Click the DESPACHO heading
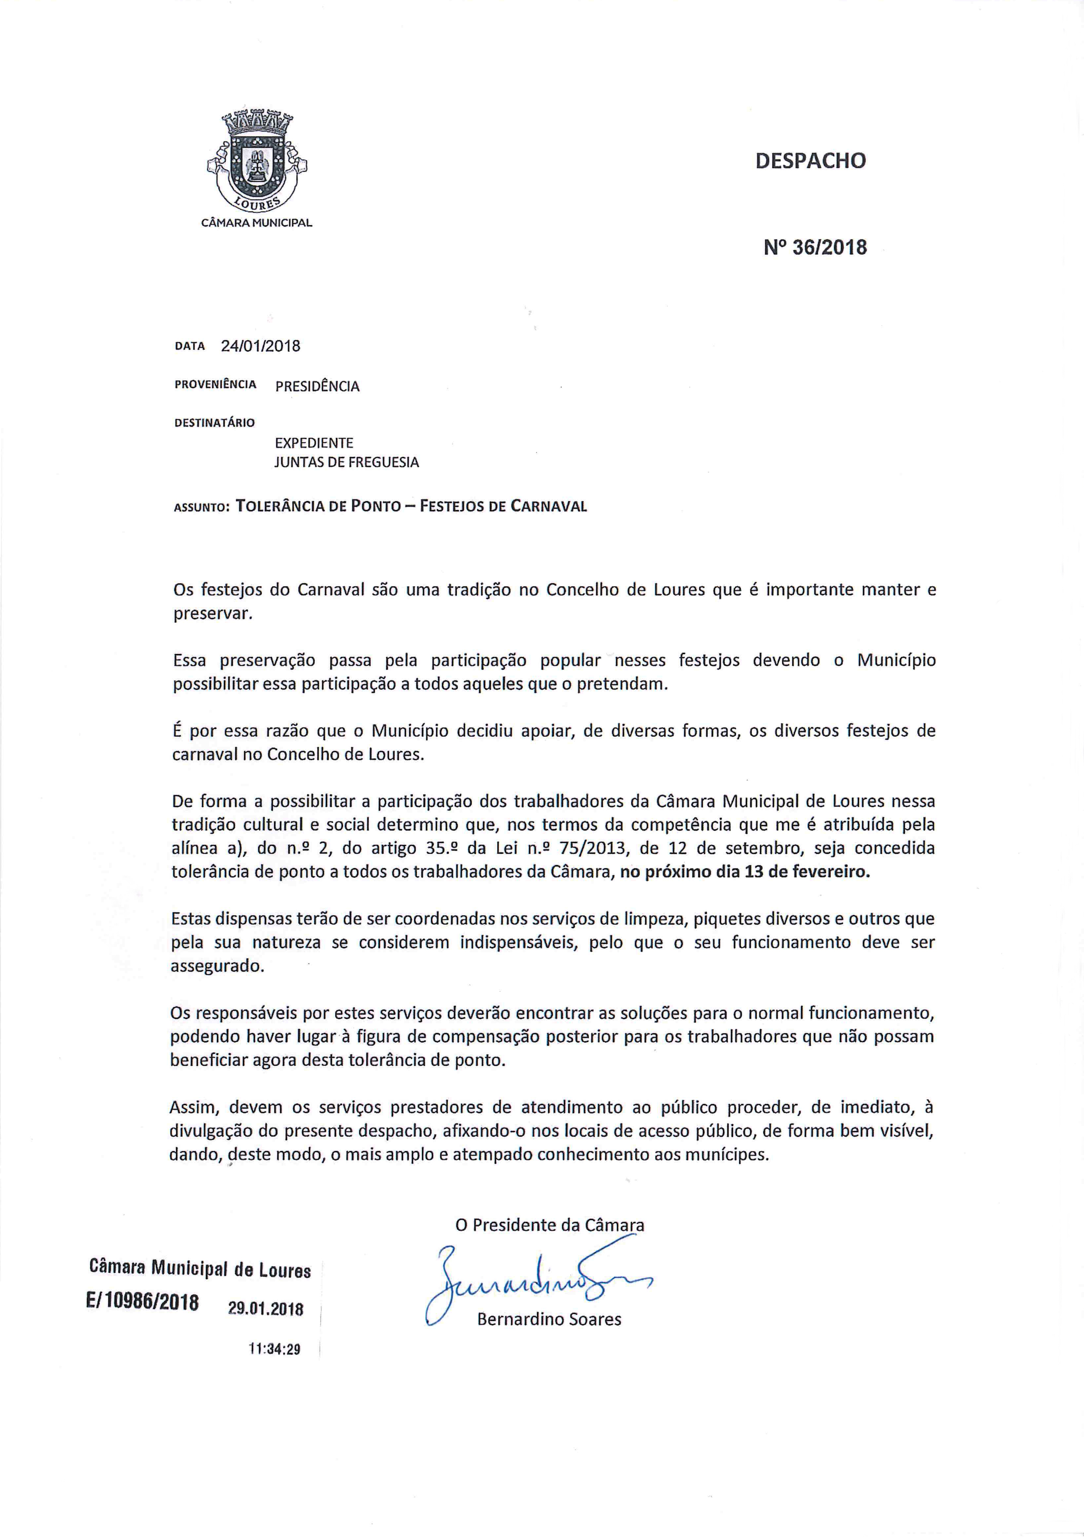coord(810,161)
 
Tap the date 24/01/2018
coord(260,346)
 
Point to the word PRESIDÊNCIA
coord(318,386)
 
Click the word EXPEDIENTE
coord(314,443)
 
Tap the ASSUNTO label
coord(201,508)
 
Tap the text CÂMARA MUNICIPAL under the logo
coord(257,223)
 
